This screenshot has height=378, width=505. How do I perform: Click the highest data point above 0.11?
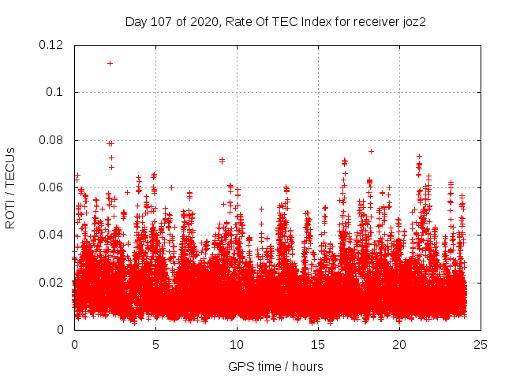coord(110,63)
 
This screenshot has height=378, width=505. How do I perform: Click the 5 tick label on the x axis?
coord(155,345)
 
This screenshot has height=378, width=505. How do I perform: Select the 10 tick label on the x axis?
coord(237,345)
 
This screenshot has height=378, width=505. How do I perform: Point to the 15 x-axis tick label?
coord(318,345)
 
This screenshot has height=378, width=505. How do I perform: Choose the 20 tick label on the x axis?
coord(399,345)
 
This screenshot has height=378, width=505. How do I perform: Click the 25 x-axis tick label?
coord(481,345)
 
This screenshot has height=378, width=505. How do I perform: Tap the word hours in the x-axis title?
coord(307,367)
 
